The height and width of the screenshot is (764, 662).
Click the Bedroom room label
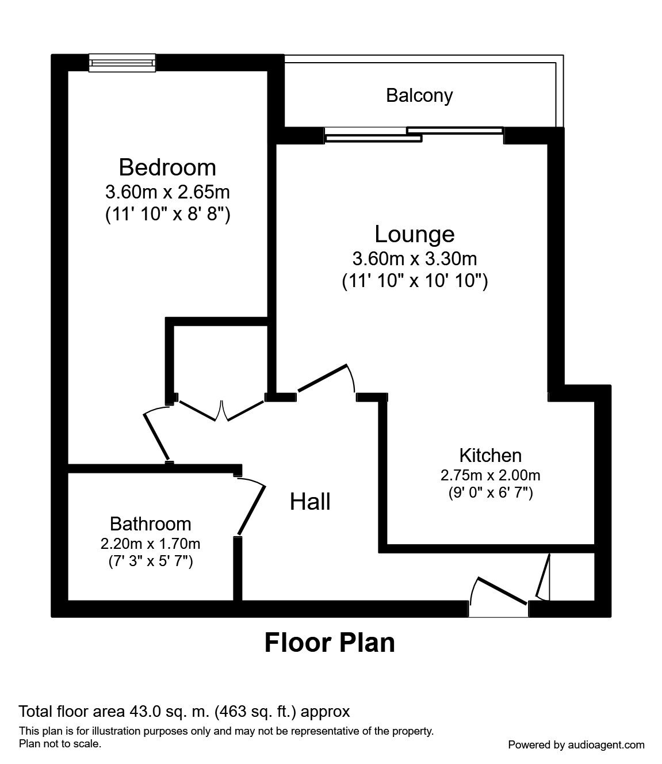[x=167, y=167]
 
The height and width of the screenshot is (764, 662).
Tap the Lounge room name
[x=415, y=234]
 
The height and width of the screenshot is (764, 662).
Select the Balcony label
[x=419, y=96]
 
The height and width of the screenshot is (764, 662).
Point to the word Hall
[x=310, y=502]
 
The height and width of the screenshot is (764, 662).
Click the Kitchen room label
[x=491, y=456]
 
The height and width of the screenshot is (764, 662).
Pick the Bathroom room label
[x=151, y=524]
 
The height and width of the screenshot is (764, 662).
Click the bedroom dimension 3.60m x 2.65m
[x=167, y=192]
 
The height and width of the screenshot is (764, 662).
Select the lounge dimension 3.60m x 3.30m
[x=415, y=259]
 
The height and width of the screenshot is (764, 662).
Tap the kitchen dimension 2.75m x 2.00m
[x=491, y=475]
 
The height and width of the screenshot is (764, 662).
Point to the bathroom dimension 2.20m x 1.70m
[x=151, y=544]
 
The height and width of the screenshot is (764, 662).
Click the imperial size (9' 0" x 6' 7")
[x=491, y=492]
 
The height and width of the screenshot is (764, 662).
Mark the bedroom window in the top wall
[x=122, y=63]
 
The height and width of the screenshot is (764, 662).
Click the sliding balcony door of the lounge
[x=414, y=135]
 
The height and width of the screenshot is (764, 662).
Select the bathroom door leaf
[x=251, y=510]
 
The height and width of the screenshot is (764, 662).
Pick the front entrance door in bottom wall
[x=502, y=591]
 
